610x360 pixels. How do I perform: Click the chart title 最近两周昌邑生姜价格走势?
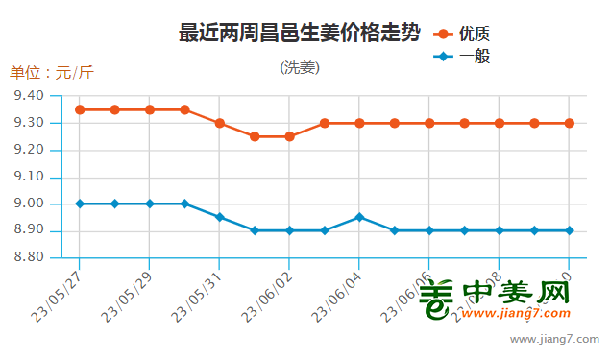point(299,34)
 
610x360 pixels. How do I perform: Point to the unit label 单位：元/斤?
point(52,72)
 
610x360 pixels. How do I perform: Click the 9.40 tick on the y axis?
point(30,96)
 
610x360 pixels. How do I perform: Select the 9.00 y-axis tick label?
point(30,204)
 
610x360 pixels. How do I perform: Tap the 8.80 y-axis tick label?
point(30,257)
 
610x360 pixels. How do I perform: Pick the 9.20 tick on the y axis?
point(30,150)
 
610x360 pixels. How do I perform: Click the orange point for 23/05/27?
point(80,109)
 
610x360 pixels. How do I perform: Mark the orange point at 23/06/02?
point(290,136)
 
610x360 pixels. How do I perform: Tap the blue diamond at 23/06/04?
point(359,217)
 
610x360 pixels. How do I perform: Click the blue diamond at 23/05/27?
point(80,204)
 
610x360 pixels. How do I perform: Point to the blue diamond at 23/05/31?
point(220,217)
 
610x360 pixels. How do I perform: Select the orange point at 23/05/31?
point(220,123)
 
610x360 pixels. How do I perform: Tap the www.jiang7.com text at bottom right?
point(554,339)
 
